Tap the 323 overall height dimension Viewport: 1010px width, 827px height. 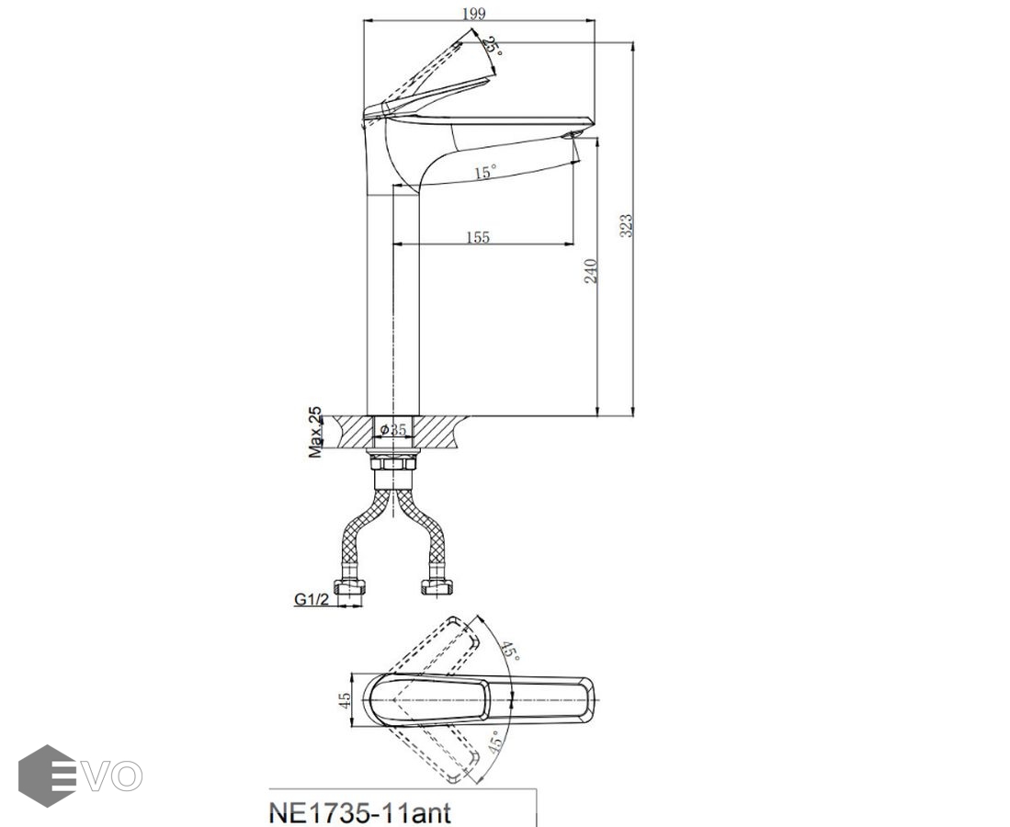coord(626,225)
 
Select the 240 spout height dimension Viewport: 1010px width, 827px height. coord(591,270)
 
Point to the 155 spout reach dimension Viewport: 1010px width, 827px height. coord(477,237)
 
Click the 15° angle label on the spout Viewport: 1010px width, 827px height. coord(485,172)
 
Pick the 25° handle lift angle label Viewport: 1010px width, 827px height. coord(492,46)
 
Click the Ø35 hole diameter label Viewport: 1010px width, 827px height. coord(393,429)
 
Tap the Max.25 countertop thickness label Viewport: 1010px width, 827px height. coord(315,432)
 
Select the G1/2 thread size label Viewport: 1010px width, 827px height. coord(312,599)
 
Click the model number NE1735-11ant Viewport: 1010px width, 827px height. coord(359,812)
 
